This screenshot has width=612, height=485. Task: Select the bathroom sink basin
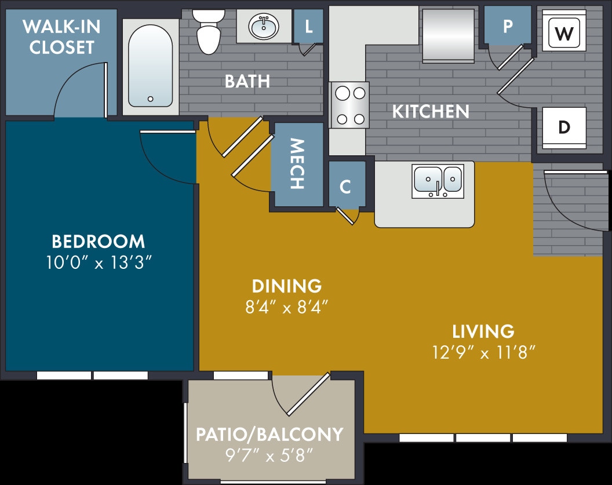pyautogui.click(x=264, y=26)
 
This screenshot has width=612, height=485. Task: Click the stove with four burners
pyautogui.click(x=349, y=105)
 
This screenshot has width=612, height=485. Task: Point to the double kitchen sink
pyautogui.click(x=438, y=179)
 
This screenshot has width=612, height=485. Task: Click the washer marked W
pyautogui.click(x=563, y=33)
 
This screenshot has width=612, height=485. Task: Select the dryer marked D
pyautogui.click(x=564, y=127)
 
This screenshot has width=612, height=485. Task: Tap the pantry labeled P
pyautogui.click(x=508, y=26)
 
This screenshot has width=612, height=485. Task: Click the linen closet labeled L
pyautogui.click(x=308, y=25)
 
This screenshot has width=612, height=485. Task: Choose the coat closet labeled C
pyautogui.click(x=345, y=186)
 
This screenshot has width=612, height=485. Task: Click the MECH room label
pyautogui.click(x=297, y=164)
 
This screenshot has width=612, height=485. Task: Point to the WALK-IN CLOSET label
pyautogui.click(x=61, y=37)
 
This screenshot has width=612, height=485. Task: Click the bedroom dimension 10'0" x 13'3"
pyautogui.click(x=99, y=262)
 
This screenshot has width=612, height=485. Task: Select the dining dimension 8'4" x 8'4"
pyautogui.click(x=287, y=307)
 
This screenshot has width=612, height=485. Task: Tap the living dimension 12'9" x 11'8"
pyautogui.click(x=483, y=352)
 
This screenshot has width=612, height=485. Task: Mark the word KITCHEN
pyautogui.click(x=431, y=111)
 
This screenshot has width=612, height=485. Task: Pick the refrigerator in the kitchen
pyautogui.click(x=447, y=35)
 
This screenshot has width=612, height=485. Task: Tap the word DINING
pyautogui.click(x=287, y=285)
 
